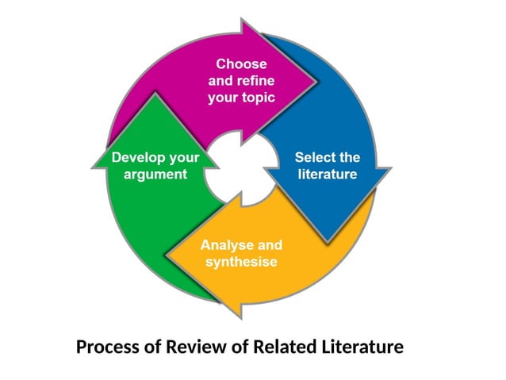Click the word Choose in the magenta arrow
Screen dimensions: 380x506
click(x=241, y=63)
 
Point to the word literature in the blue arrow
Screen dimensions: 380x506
click(x=327, y=174)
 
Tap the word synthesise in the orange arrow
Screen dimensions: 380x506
click(x=241, y=261)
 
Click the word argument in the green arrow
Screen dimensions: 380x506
click(x=155, y=174)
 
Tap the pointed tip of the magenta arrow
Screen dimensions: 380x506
click(x=314, y=75)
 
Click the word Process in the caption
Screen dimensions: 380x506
click(x=107, y=347)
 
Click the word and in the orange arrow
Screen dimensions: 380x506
click(x=269, y=244)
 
